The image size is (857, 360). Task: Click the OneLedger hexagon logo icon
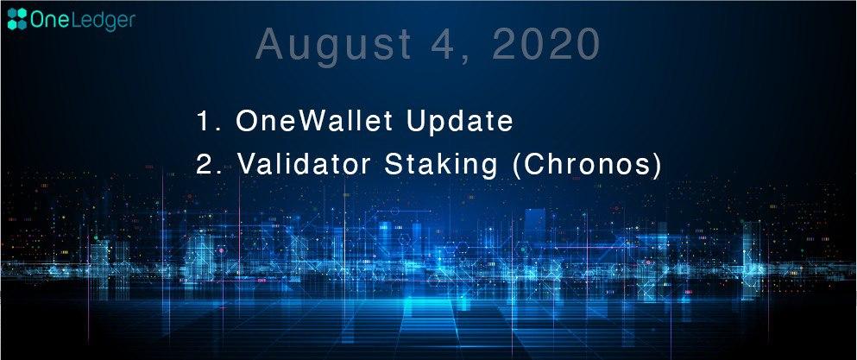17,19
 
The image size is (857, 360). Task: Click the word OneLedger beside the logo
83,20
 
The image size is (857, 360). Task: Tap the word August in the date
333,46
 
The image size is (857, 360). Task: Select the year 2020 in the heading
546,44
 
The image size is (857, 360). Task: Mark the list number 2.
205,165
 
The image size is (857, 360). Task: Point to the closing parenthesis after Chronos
658,166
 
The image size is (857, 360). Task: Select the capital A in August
269,45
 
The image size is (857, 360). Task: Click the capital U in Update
414,121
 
